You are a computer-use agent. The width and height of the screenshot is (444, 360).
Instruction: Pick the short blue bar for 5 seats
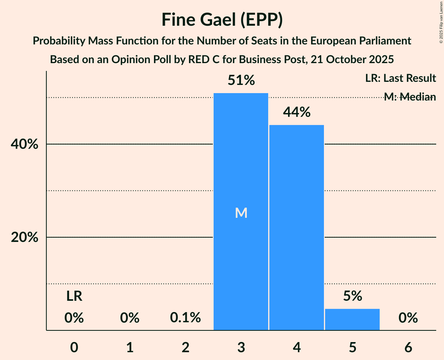(x=352, y=319)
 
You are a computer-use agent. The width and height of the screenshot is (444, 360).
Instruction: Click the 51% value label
(x=241, y=81)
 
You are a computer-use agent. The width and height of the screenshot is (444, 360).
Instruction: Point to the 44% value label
(x=297, y=113)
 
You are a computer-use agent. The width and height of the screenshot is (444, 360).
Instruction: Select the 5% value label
(x=352, y=296)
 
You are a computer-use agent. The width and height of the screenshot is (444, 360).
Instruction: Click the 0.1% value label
(x=186, y=318)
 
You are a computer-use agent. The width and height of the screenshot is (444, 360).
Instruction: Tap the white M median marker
(x=241, y=213)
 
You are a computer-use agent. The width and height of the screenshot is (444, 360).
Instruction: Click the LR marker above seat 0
(x=74, y=296)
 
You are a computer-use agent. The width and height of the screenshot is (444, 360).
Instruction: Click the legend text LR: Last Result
(x=400, y=78)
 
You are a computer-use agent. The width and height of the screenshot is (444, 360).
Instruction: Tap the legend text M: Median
(x=410, y=97)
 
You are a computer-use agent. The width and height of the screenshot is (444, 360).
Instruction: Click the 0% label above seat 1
(x=130, y=318)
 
